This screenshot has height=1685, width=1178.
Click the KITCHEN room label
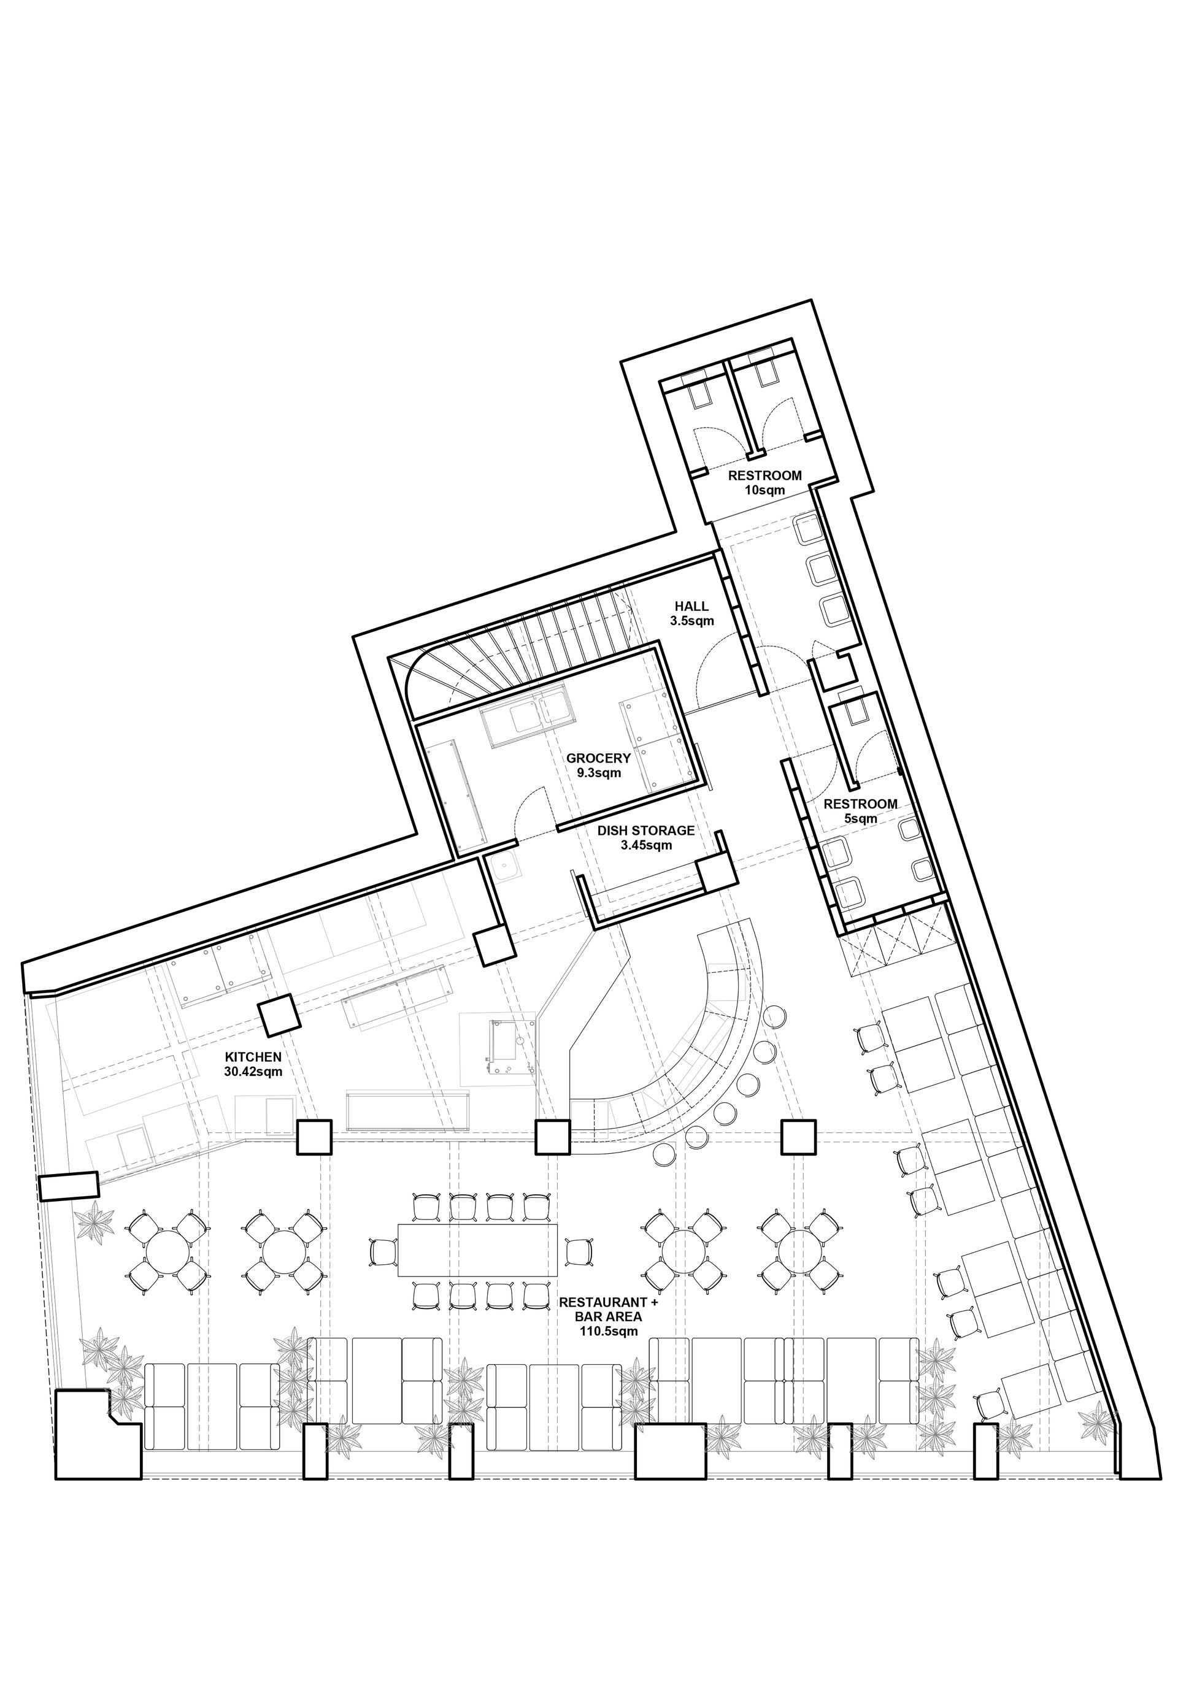253,1057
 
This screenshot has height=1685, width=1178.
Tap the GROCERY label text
598,759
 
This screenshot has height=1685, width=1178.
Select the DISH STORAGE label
645,831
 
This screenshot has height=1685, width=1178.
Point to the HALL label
691,606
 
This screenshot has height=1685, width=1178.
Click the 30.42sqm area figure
253,1072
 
